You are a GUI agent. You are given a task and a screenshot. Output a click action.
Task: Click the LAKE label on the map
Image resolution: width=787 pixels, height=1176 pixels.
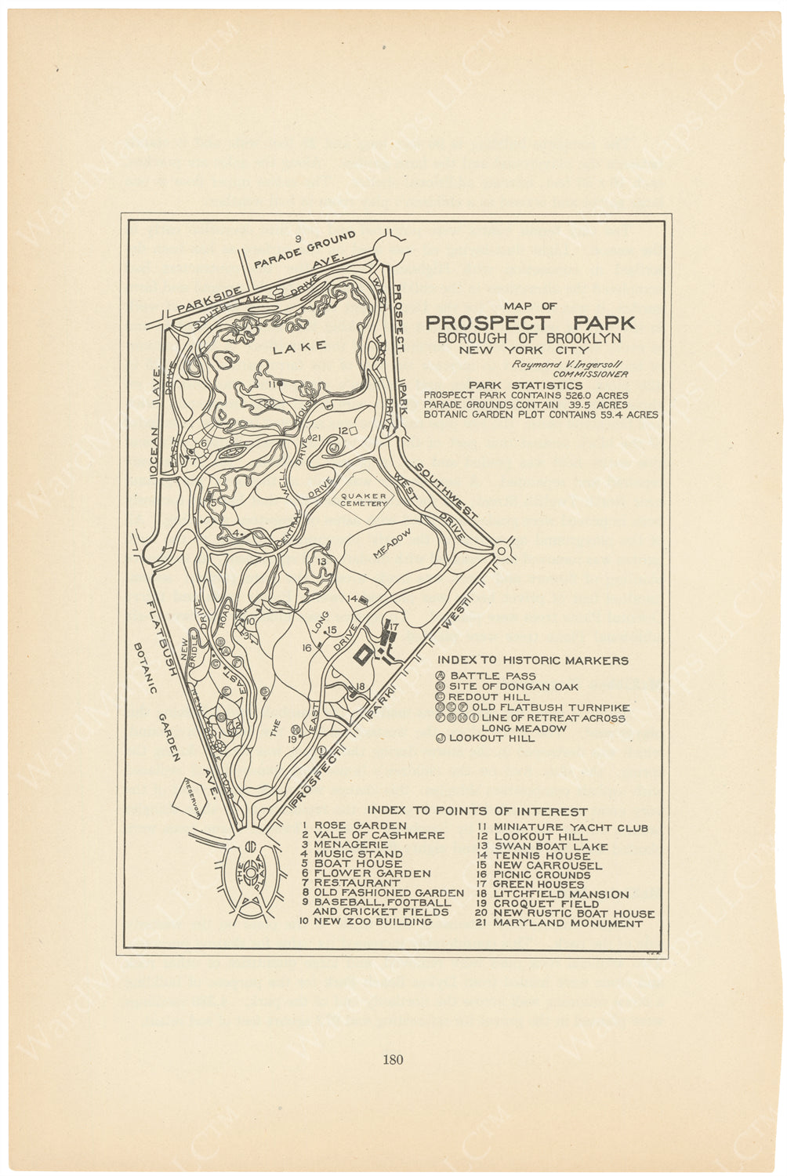pyautogui.click(x=299, y=347)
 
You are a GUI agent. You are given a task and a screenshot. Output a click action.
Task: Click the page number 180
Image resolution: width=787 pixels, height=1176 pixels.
pyautogui.click(x=393, y=1060)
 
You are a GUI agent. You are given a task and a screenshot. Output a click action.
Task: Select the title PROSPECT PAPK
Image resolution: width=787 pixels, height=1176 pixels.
pyautogui.click(x=530, y=322)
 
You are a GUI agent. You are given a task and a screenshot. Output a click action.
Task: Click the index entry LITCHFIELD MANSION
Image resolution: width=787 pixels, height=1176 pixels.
pyautogui.click(x=560, y=895)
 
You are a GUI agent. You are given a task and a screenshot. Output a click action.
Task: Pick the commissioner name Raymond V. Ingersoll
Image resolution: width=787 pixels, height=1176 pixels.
pyautogui.click(x=557, y=365)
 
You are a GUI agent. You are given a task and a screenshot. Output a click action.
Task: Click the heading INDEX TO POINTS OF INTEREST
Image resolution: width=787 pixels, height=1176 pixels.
pyautogui.click(x=477, y=811)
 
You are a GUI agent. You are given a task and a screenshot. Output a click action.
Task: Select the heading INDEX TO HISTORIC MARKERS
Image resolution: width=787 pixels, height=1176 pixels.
pyautogui.click(x=532, y=661)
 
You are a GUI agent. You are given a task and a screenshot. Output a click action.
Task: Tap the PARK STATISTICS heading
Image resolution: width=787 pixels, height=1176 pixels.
pyautogui.click(x=525, y=385)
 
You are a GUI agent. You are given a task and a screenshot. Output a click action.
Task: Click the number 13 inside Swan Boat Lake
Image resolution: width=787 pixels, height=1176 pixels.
pyautogui.click(x=321, y=561)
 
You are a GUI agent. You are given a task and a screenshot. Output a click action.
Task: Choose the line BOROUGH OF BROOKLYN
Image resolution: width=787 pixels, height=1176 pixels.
pyautogui.click(x=529, y=338)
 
